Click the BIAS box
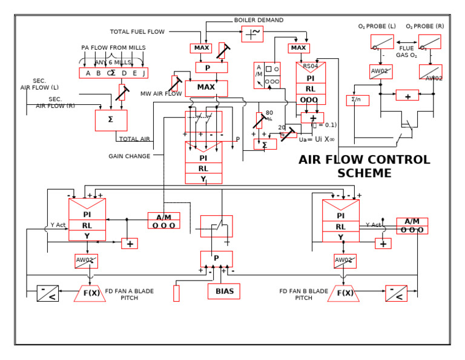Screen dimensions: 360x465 pyautogui.click(x=224, y=292)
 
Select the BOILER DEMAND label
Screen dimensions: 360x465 pyautogui.click(x=259, y=20)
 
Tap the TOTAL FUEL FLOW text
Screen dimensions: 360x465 pyautogui.click(x=137, y=32)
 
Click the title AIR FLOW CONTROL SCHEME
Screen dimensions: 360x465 pyautogui.click(x=364, y=167)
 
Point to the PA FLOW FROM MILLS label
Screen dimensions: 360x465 pyautogui.click(x=113, y=48)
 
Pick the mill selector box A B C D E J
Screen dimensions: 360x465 pyautogui.click(x=113, y=73)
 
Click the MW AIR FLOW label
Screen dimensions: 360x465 pyautogui.click(x=161, y=94)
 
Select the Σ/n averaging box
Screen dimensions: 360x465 pyautogui.click(x=357, y=100)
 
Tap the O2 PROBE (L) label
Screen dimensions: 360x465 pyautogui.click(x=377, y=27)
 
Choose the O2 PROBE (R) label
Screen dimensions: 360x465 pyautogui.click(x=424, y=27)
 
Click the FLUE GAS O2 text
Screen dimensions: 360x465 pyautogui.click(x=406, y=52)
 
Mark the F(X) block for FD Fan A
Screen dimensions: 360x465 pyautogui.click(x=90, y=294)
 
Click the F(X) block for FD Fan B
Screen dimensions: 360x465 pyautogui.click(x=344, y=294)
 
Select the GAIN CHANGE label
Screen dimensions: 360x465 pyautogui.click(x=130, y=156)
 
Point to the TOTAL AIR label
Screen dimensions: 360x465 pyautogui.click(x=134, y=139)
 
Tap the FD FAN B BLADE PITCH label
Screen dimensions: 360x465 pyautogui.click(x=304, y=295)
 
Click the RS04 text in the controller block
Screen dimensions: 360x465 pyautogui.click(x=310, y=67)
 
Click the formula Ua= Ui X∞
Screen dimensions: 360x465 pyautogui.click(x=317, y=139)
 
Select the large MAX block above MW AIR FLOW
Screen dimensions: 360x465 pyautogui.click(x=206, y=87)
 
